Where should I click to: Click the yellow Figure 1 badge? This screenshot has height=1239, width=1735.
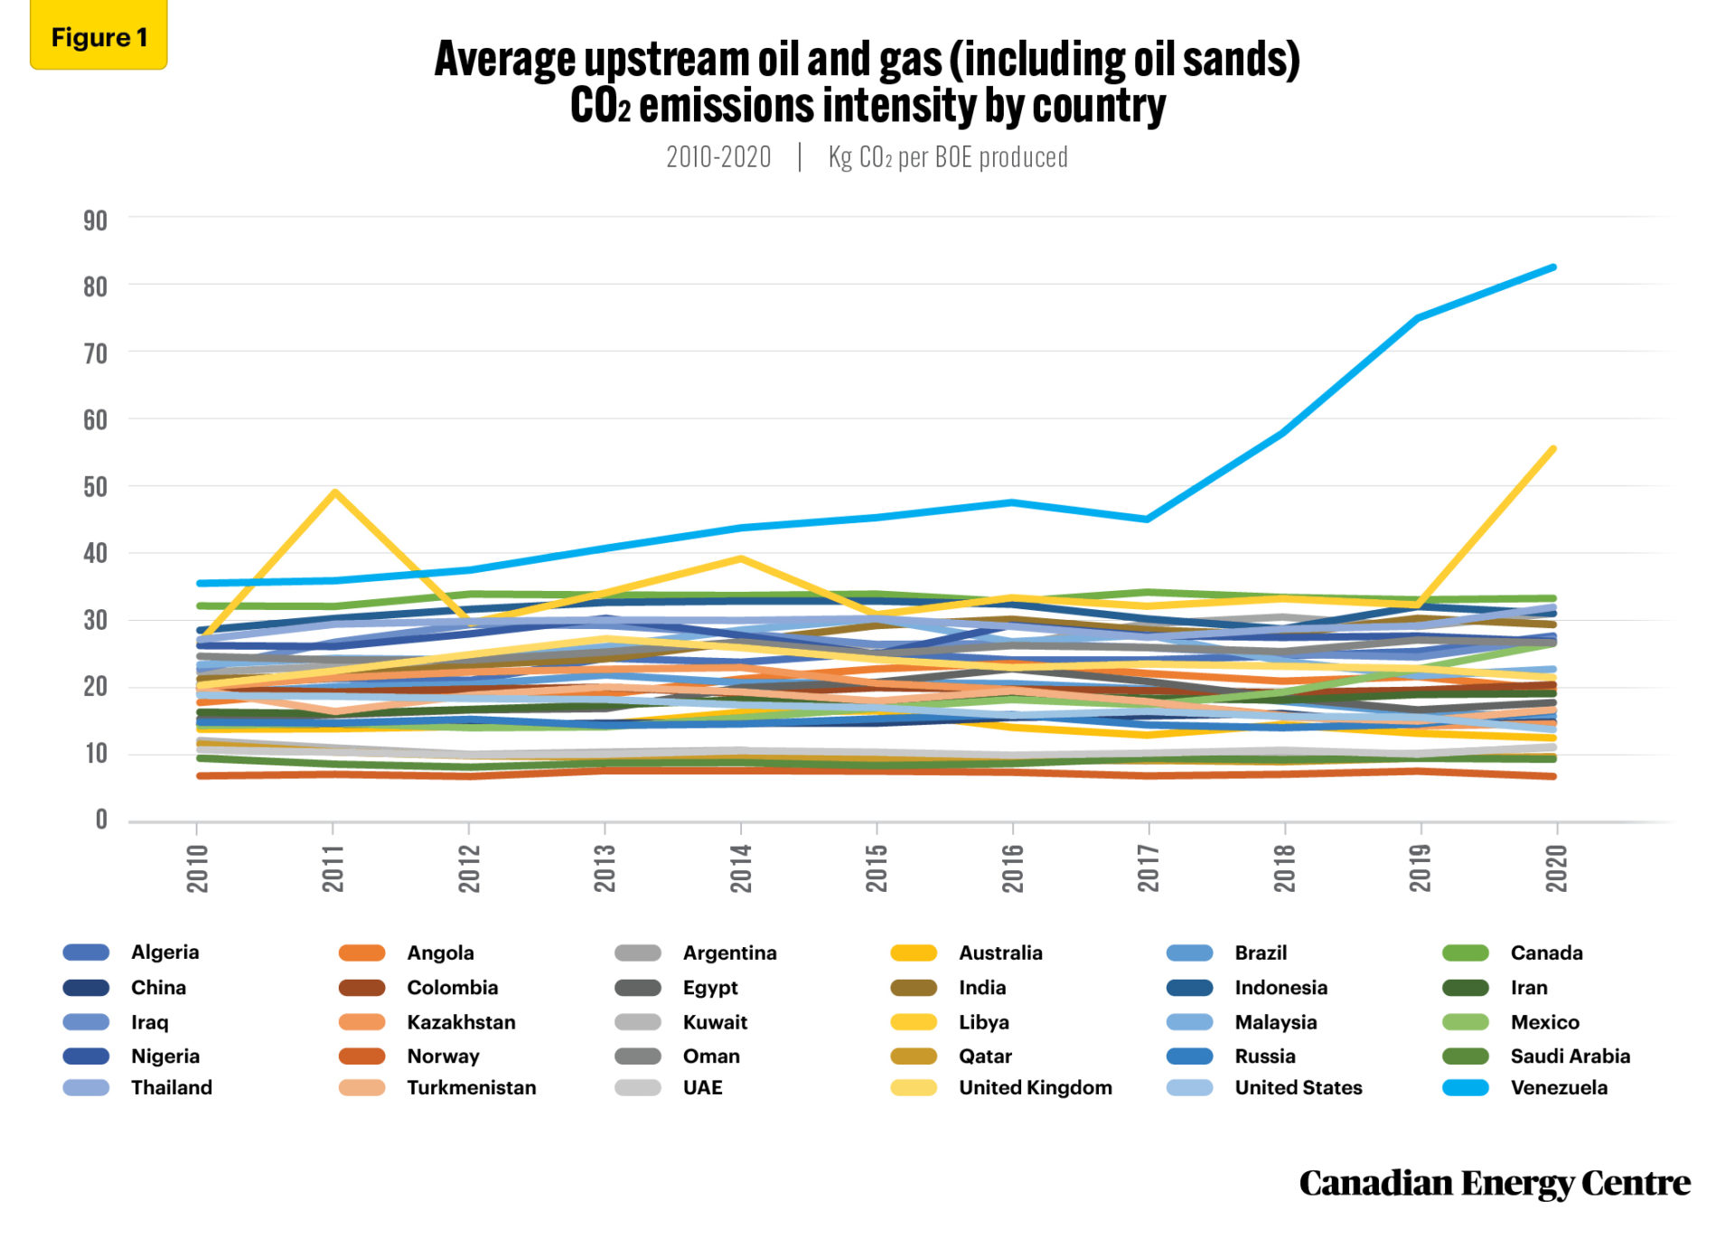point(98,37)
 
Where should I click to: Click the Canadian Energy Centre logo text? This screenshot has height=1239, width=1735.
point(1494,1183)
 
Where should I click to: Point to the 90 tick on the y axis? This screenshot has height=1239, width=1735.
point(95,221)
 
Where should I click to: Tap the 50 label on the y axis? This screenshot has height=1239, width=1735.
point(95,487)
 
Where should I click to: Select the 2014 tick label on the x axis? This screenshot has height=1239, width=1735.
point(741,868)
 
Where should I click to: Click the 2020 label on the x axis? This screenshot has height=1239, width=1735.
point(1556,868)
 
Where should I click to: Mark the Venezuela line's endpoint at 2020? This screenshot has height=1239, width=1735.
point(1553,268)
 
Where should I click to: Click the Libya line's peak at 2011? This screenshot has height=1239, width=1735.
point(335,493)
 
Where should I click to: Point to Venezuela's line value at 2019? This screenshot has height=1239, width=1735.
point(1419,318)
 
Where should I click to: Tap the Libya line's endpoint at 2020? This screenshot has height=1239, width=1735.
point(1553,448)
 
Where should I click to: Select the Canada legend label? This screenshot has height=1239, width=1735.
point(1546,953)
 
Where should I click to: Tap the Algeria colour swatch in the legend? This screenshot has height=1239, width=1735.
point(86,953)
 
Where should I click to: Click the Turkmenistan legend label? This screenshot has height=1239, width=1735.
point(471,1087)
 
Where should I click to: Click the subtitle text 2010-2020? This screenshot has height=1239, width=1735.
point(718,157)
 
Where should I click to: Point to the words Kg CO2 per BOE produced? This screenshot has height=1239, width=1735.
point(948,157)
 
